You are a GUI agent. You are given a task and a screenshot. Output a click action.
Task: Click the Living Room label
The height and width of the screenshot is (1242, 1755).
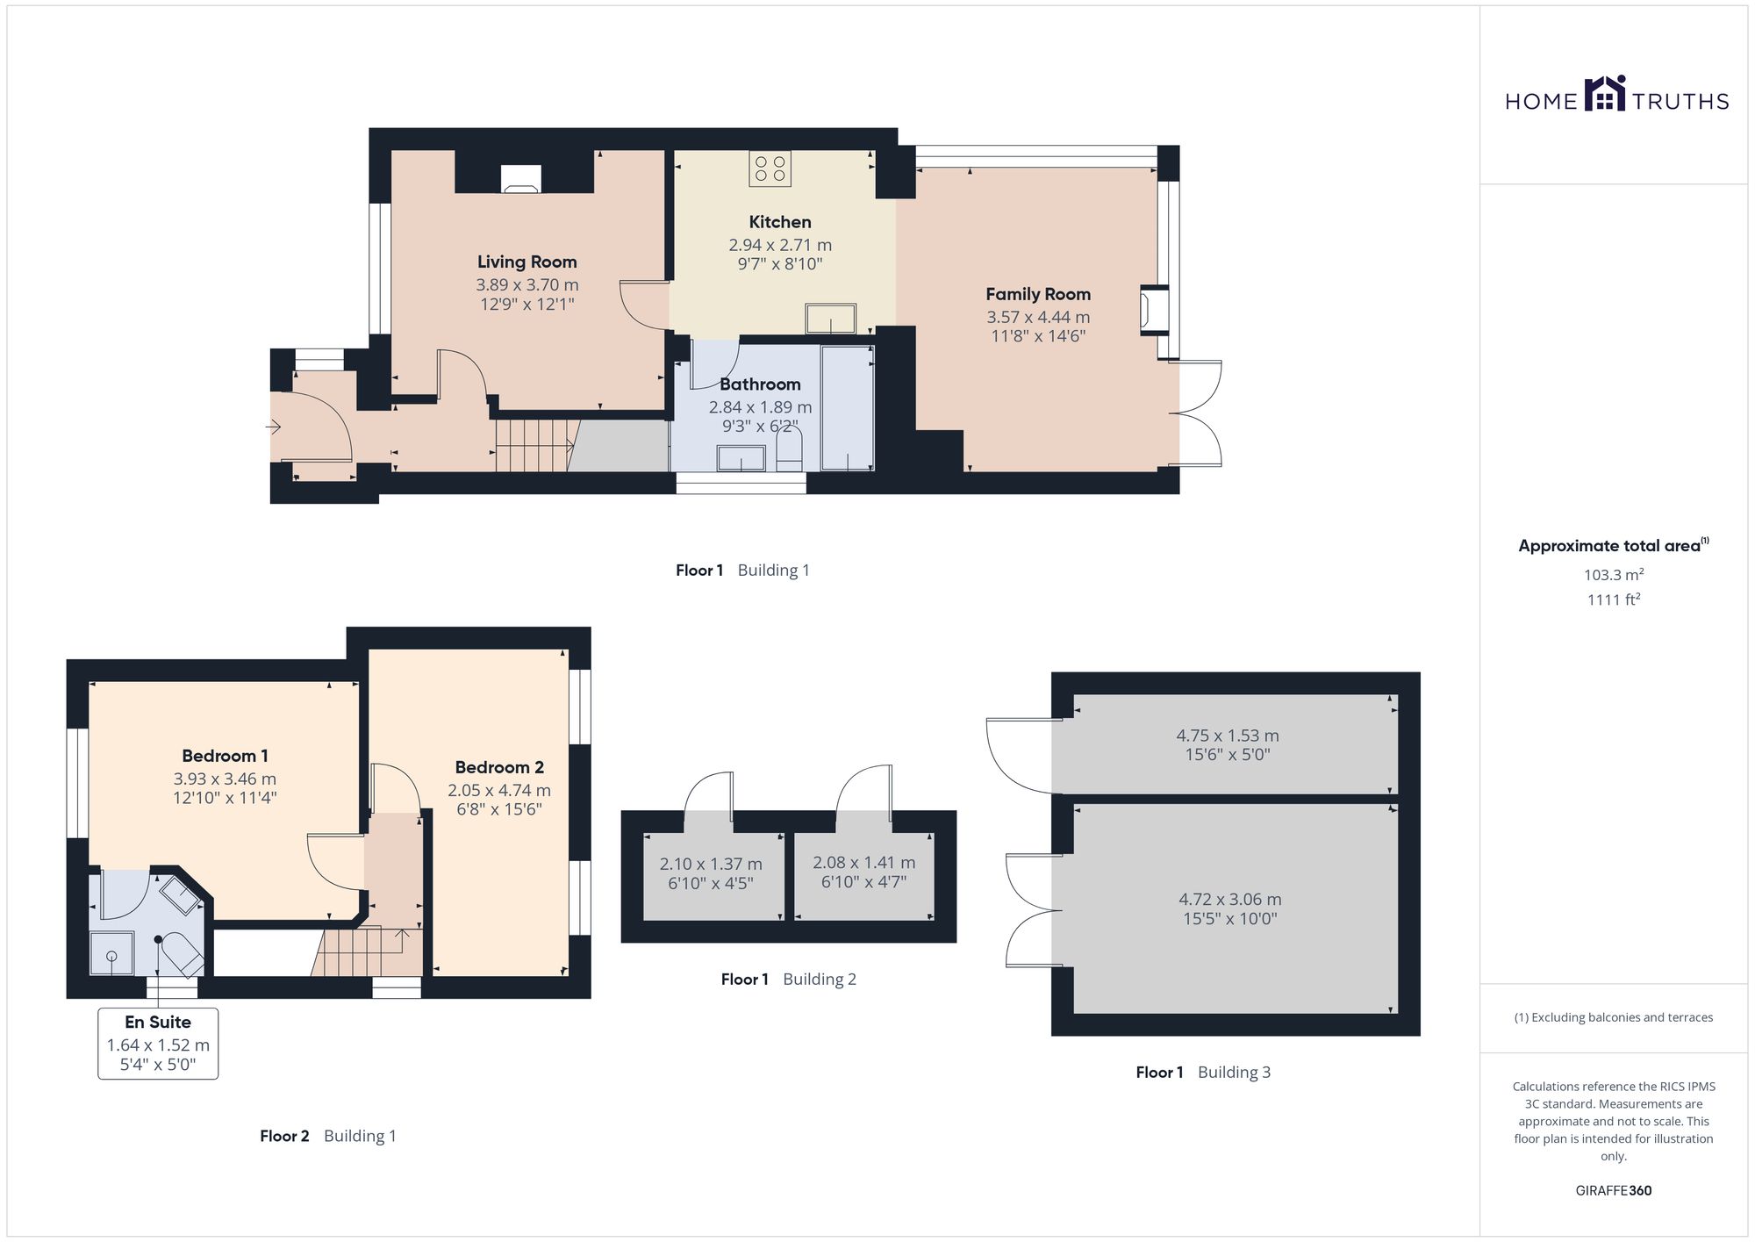pyautogui.click(x=526, y=262)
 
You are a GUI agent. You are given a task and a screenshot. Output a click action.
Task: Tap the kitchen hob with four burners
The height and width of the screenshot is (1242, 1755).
pyautogui.click(x=770, y=169)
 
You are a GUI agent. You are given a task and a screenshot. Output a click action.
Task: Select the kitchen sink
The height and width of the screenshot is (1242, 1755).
pyautogui.click(x=830, y=319)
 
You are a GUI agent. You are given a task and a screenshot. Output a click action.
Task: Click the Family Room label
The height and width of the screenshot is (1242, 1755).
pyautogui.click(x=1038, y=294)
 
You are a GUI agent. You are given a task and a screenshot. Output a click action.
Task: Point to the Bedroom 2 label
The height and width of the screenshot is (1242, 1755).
pyautogui.click(x=499, y=767)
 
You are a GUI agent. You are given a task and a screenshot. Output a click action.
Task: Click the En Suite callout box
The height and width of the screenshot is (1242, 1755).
pyautogui.click(x=158, y=1044)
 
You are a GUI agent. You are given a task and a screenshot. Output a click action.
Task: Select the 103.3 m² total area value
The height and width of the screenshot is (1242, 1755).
pyautogui.click(x=1613, y=575)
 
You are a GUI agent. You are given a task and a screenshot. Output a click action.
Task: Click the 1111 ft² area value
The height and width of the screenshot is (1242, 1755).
pyautogui.click(x=1613, y=599)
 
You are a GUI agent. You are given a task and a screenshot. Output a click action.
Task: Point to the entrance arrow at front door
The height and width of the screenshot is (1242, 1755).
pyautogui.click(x=274, y=427)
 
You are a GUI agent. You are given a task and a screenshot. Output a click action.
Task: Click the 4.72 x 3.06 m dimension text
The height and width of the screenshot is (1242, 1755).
pyautogui.click(x=1229, y=900)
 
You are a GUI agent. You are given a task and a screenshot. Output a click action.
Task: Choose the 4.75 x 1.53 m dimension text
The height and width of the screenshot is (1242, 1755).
pyautogui.click(x=1227, y=736)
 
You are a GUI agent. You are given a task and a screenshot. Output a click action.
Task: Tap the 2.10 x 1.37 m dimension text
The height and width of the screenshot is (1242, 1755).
pyautogui.click(x=711, y=865)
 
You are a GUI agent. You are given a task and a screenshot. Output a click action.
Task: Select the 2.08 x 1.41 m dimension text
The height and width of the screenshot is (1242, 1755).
pyautogui.click(x=863, y=863)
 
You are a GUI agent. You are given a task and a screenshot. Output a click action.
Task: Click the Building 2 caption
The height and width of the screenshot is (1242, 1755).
pyautogui.click(x=820, y=980)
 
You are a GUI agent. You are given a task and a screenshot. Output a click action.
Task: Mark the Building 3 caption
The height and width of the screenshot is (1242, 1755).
pyautogui.click(x=1234, y=1072)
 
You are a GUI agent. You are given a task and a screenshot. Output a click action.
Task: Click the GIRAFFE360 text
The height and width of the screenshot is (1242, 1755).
pyautogui.click(x=1613, y=1191)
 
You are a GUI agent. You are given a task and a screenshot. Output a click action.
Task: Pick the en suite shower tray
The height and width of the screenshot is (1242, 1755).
pyautogui.click(x=112, y=954)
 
